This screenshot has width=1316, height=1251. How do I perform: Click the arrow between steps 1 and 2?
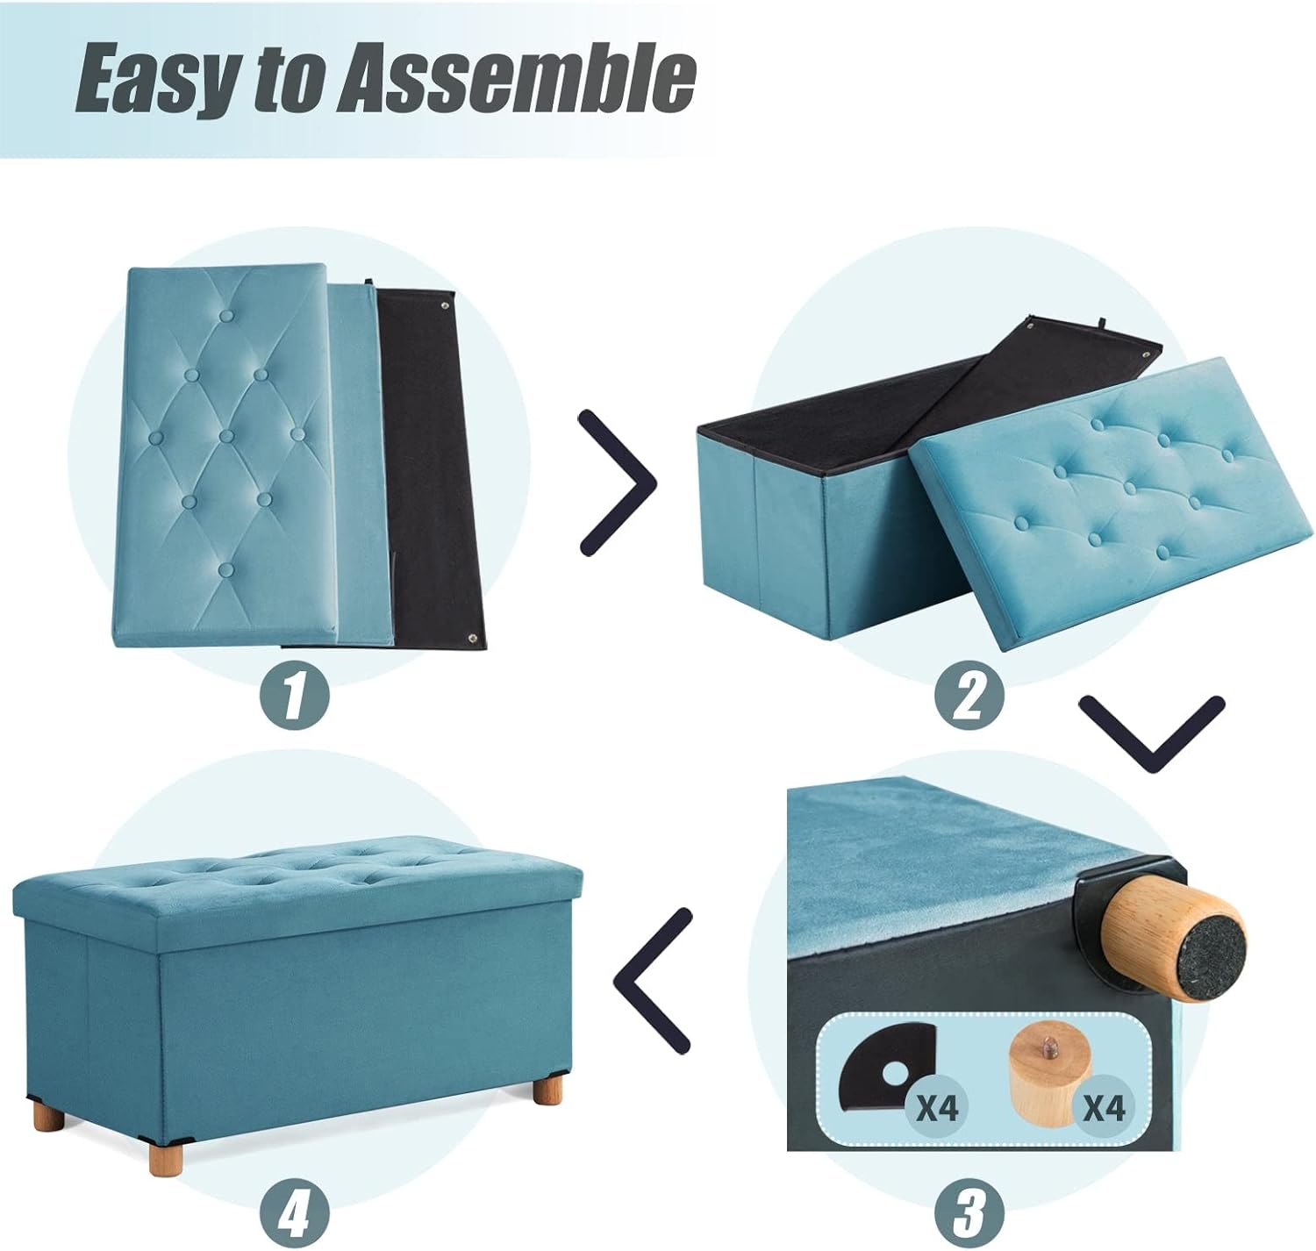tap(619, 482)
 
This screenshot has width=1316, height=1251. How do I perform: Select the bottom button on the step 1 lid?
tap(227, 569)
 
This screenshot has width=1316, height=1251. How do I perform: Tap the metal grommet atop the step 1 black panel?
tap(443, 306)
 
